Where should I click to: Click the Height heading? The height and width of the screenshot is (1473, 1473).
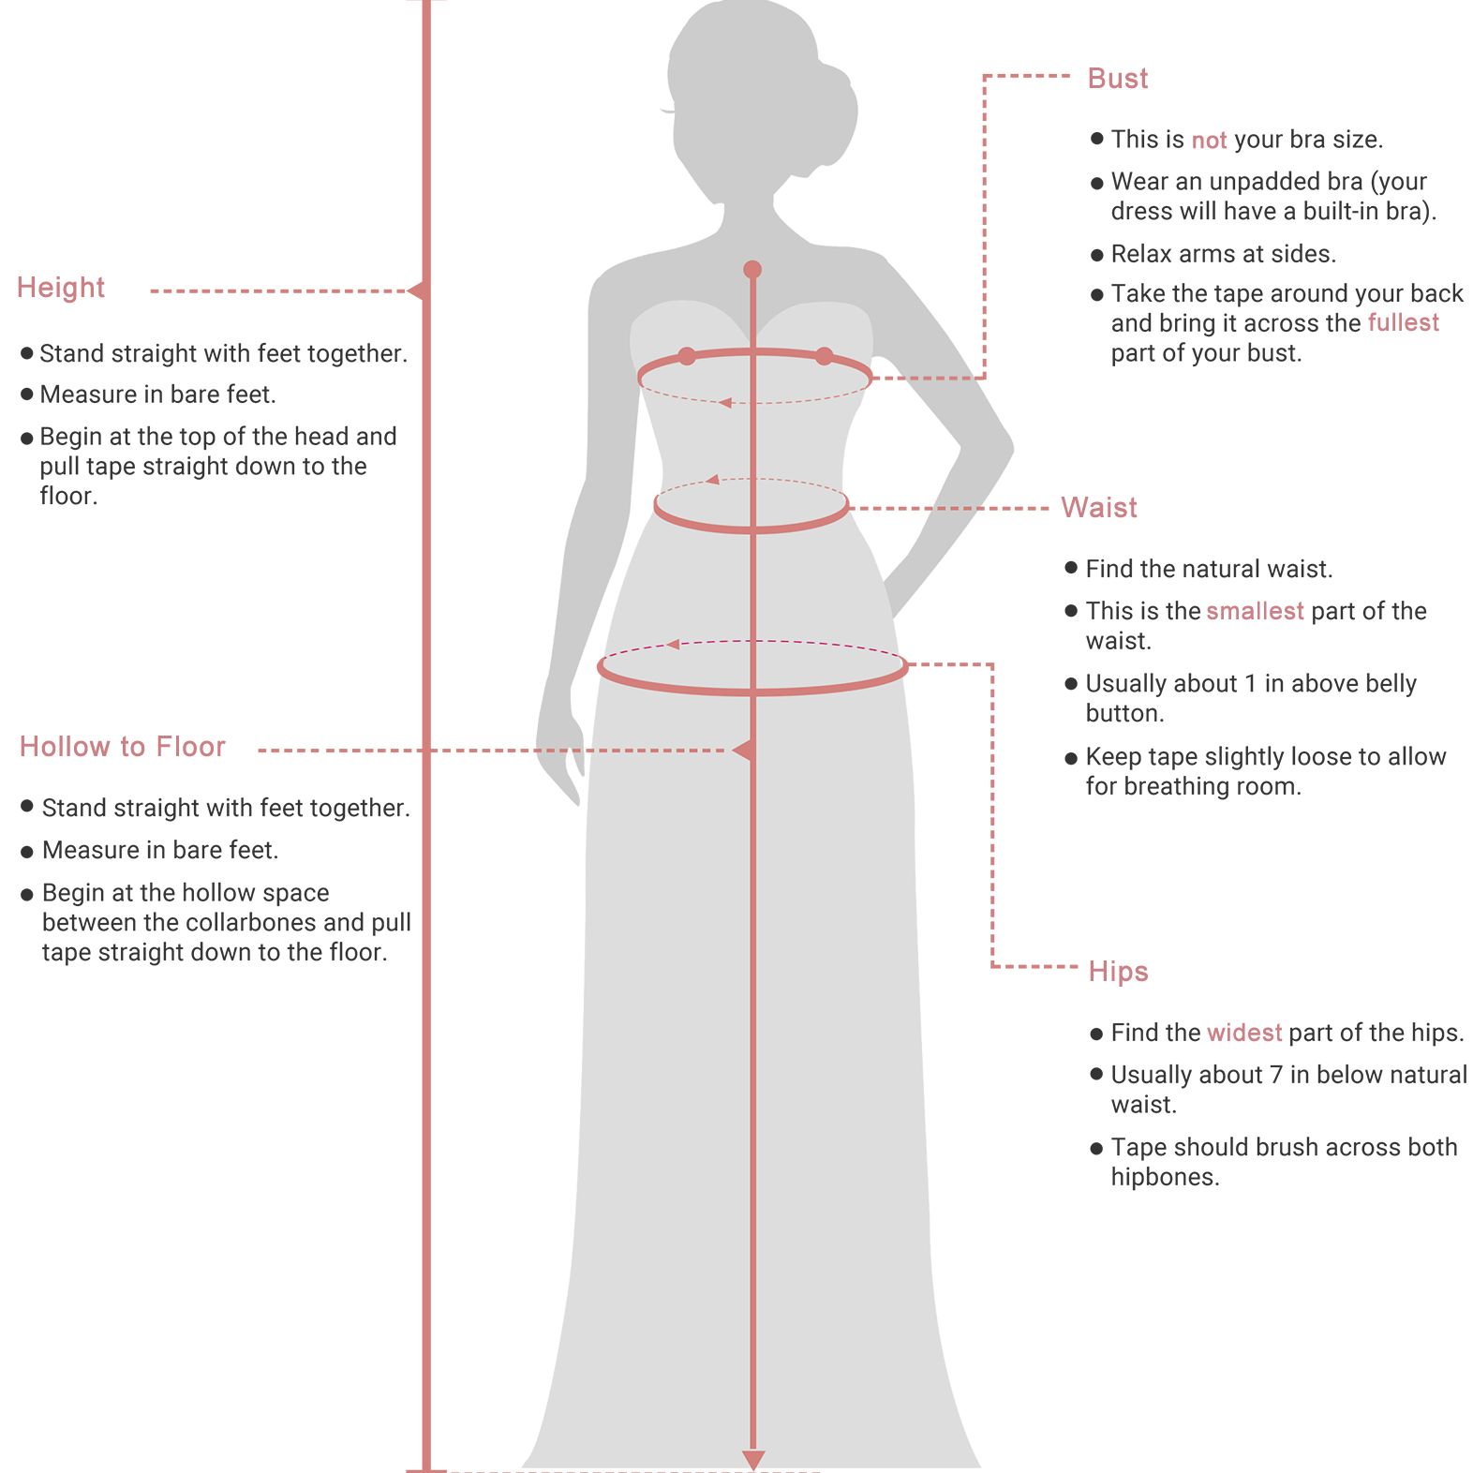(x=61, y=288)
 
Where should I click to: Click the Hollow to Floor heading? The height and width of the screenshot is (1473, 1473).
(x=123, y=747)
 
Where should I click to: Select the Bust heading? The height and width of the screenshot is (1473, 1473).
(x=1118, y=79)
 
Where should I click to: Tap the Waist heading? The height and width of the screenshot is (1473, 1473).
(x=1099, y=508)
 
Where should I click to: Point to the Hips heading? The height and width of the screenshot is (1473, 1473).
(x=1118, y=972)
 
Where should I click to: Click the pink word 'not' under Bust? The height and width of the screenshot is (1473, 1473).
(x=1209, y=141)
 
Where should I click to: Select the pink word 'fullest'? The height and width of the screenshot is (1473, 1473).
(x=1404, y=322)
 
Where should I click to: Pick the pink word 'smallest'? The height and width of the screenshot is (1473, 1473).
(x=1255, y=611)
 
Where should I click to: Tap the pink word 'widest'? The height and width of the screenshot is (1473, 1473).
(x=1244, y=1033)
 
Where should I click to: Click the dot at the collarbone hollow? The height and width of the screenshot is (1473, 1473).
(x=752, y=270)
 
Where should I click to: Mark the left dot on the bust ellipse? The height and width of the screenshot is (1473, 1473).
(x=687, y=356)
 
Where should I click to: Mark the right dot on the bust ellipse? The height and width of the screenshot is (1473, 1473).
(x=824, y=356)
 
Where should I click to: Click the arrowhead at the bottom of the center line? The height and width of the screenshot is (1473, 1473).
(x=753, y=1460)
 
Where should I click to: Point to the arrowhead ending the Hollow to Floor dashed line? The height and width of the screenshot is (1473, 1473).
(x=743, y=751)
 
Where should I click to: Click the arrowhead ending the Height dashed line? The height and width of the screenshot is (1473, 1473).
(x=417, y=291)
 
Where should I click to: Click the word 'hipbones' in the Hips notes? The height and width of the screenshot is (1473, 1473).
(x=1164, y=1177)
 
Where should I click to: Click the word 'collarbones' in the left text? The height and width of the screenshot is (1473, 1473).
(x=250, y=923)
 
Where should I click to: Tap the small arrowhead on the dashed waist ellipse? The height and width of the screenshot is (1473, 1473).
(x=713, y=480)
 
